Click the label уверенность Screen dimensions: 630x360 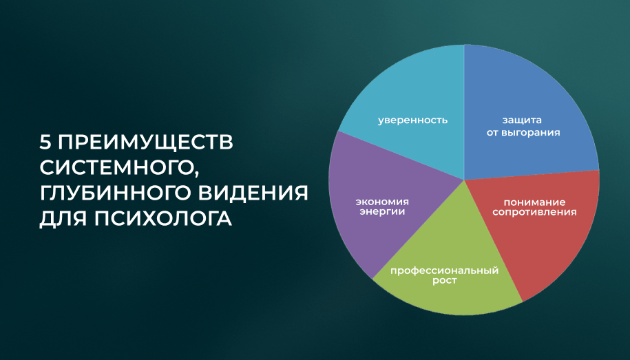412,120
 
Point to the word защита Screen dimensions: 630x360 522,120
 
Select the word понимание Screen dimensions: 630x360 534,202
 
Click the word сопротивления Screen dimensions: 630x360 534,212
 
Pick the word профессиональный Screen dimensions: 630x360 444,271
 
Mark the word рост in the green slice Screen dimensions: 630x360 444,281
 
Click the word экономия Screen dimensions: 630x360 381,202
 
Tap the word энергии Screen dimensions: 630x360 382,212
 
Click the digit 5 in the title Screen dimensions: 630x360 45,142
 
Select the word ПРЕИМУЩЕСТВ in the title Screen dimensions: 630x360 145,142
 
